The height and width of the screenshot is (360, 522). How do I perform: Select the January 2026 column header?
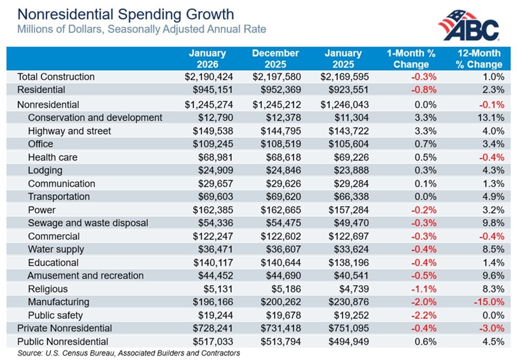[x=207, y=59]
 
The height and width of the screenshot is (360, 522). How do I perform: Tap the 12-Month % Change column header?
[x=479, y=59]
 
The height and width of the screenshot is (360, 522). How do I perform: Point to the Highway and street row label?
[x=69, y=131]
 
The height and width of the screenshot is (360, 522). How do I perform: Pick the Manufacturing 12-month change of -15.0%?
[x=489, y=301]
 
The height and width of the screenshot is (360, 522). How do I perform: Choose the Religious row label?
[x=48, y=289]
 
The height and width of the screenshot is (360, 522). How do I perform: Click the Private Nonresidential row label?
[x=65, y=328]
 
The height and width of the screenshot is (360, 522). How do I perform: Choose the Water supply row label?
[x=56, y=249]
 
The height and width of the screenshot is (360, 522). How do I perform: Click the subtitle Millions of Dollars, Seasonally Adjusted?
[x=142, y=28]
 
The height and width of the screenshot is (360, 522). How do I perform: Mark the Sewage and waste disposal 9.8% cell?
[x=494, y=223]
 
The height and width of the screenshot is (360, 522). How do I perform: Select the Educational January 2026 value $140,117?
[x=207, y=262]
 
